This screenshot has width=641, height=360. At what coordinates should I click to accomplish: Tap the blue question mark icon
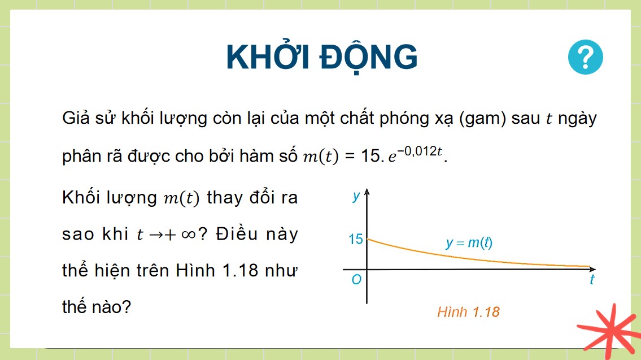(586, 58)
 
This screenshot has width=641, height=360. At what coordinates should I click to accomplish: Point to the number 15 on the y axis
(356, 239)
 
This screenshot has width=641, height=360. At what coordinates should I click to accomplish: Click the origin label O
(356, 280)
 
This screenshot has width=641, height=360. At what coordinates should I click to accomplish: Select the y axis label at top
(356, 196)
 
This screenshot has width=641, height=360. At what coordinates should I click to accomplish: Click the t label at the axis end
(591, 280)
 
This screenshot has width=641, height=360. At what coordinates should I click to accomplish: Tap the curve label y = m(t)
(469, 243)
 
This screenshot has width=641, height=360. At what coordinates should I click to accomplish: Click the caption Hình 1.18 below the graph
(468, 312)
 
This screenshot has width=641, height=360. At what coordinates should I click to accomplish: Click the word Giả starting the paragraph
(76, 120)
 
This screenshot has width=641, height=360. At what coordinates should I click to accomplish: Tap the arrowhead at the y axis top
(367, 194)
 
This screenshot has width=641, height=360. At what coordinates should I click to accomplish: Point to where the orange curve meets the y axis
(367, 239)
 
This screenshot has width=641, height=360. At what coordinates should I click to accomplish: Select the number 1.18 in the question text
(239, 271)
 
